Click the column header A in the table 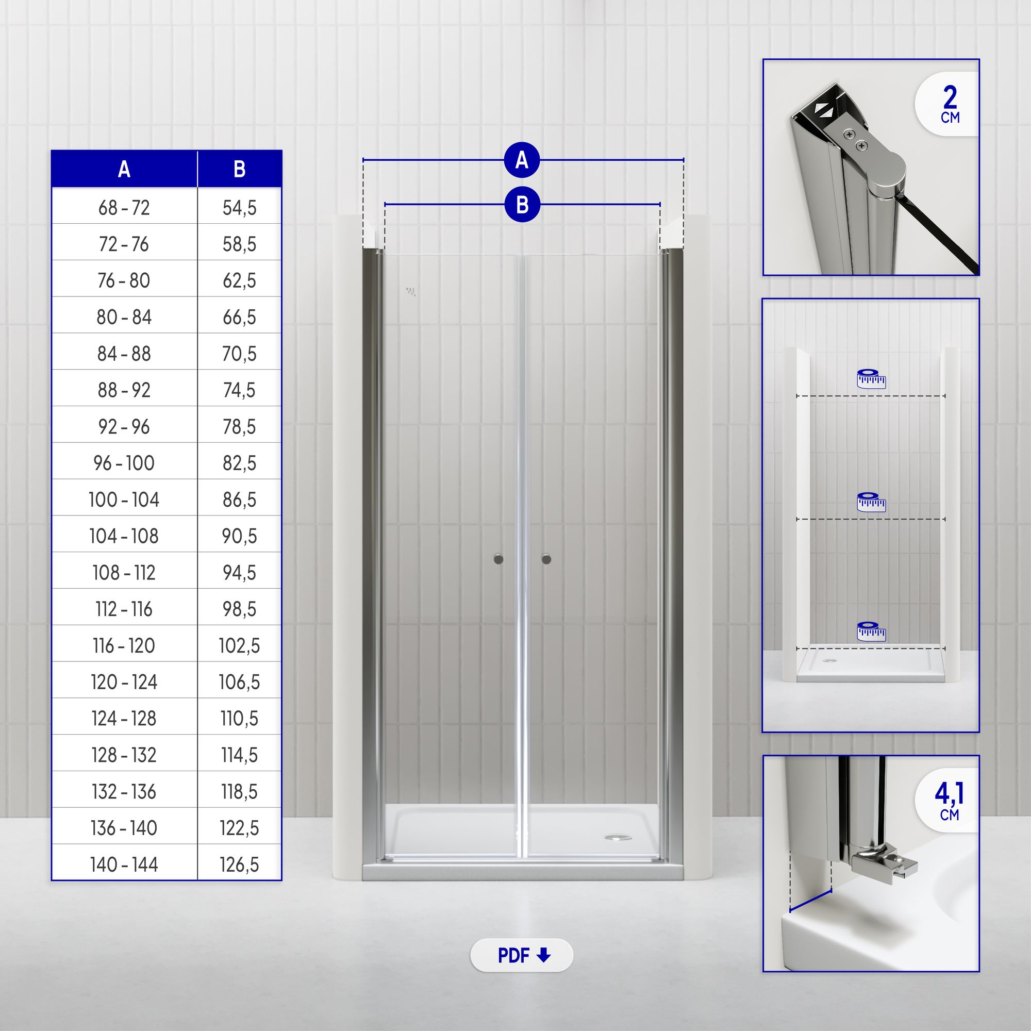point(124,169)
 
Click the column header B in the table point(240,169)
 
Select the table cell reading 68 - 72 point(124,208)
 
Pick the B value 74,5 point(240,390)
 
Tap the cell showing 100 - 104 point(124,500)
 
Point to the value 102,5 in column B point(240,646)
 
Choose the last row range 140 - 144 point(124,864)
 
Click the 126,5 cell point(240,864)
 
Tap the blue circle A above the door point(522,160)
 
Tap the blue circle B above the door point(522,204)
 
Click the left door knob point(498,559)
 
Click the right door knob point(546,559)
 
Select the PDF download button point(521,955)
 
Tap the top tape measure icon point(871,378)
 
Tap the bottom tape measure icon point(871,631)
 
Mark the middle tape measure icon point(871,502)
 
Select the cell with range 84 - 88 point(124,354)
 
